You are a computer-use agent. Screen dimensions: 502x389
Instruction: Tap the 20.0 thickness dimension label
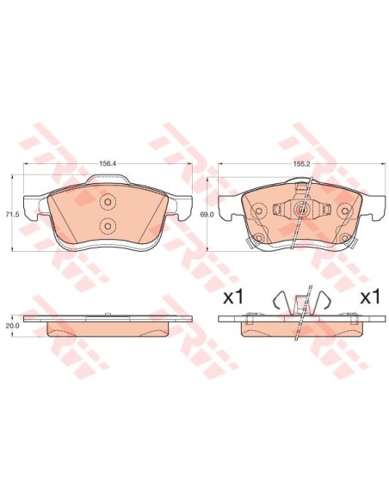click(12, 326)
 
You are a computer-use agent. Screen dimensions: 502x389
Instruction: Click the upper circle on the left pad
click(108, 204)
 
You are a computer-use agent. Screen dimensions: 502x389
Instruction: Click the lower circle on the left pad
click(108, 225)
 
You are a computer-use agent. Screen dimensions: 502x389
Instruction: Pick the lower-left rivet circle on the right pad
click(256, 238)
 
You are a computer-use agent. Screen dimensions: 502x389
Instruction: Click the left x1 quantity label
click(234, 297)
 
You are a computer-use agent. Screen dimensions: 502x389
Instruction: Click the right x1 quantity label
click(369, 297)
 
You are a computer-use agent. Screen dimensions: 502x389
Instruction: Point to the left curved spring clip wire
click(277, 302)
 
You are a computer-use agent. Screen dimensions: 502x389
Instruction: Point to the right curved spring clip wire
click(323, 302)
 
